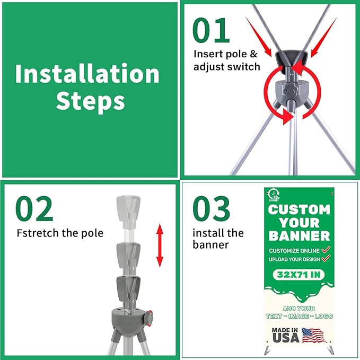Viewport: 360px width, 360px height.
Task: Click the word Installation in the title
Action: (x=87, y=74)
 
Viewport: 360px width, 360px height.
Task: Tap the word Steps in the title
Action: (x=91, y=101)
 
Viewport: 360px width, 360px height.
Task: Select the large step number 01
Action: (x=211, y=30)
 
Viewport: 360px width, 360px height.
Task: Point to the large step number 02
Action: (x=34, y=208)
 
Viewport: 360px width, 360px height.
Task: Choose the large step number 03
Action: (x=211, y=208)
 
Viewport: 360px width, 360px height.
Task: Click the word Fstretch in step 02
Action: (x=38, y=233)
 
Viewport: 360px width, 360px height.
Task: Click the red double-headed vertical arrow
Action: (x=160, y=245)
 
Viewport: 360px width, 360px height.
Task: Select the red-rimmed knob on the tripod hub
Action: (x=148, y=318)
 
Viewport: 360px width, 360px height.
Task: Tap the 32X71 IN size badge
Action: (x=298, y=275)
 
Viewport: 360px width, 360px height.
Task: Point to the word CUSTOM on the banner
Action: (x=299, y=209)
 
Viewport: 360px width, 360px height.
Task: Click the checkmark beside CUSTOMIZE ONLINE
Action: (x=326, y=250)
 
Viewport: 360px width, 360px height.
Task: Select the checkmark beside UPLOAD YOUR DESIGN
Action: (x=326, y=259)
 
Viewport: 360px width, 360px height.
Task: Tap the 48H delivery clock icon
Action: (x=274, y=195)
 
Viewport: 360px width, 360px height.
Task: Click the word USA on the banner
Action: (x=286, y=338)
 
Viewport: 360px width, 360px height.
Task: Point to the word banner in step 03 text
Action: (x=211, y=245)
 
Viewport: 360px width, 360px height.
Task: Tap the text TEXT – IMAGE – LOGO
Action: (x=299, y=316)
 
